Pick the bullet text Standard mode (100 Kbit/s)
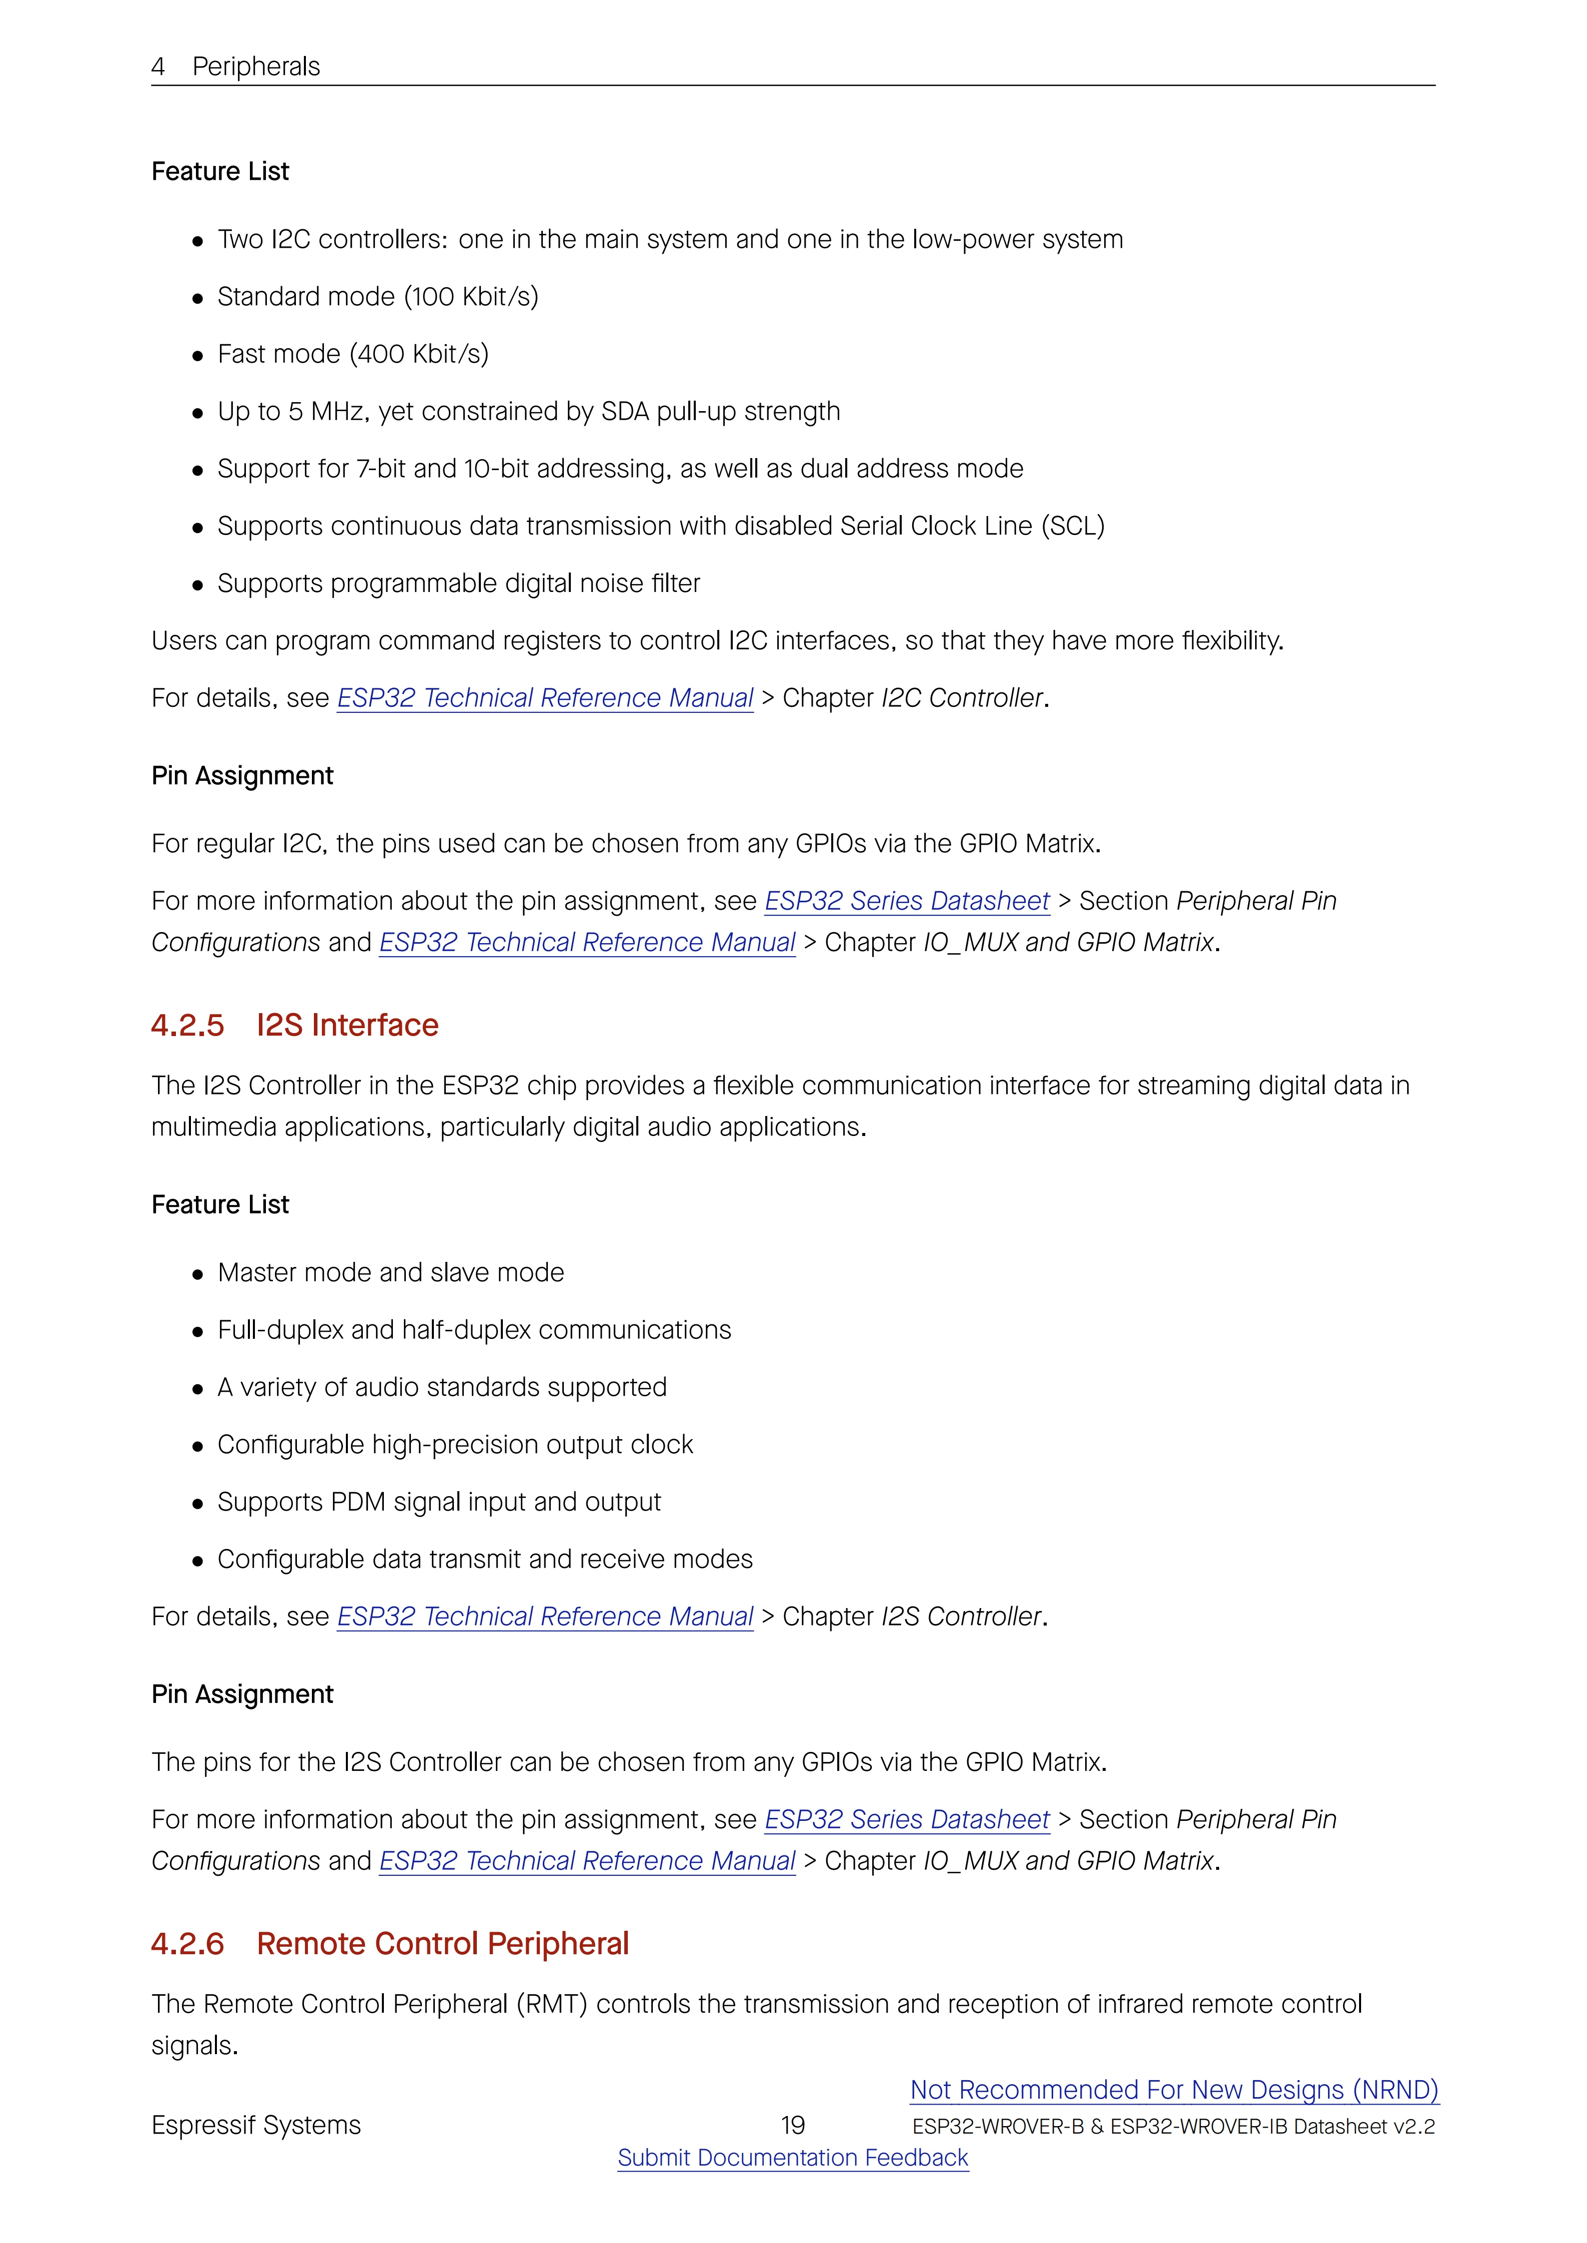point(377,296)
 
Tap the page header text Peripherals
point(256,66)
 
